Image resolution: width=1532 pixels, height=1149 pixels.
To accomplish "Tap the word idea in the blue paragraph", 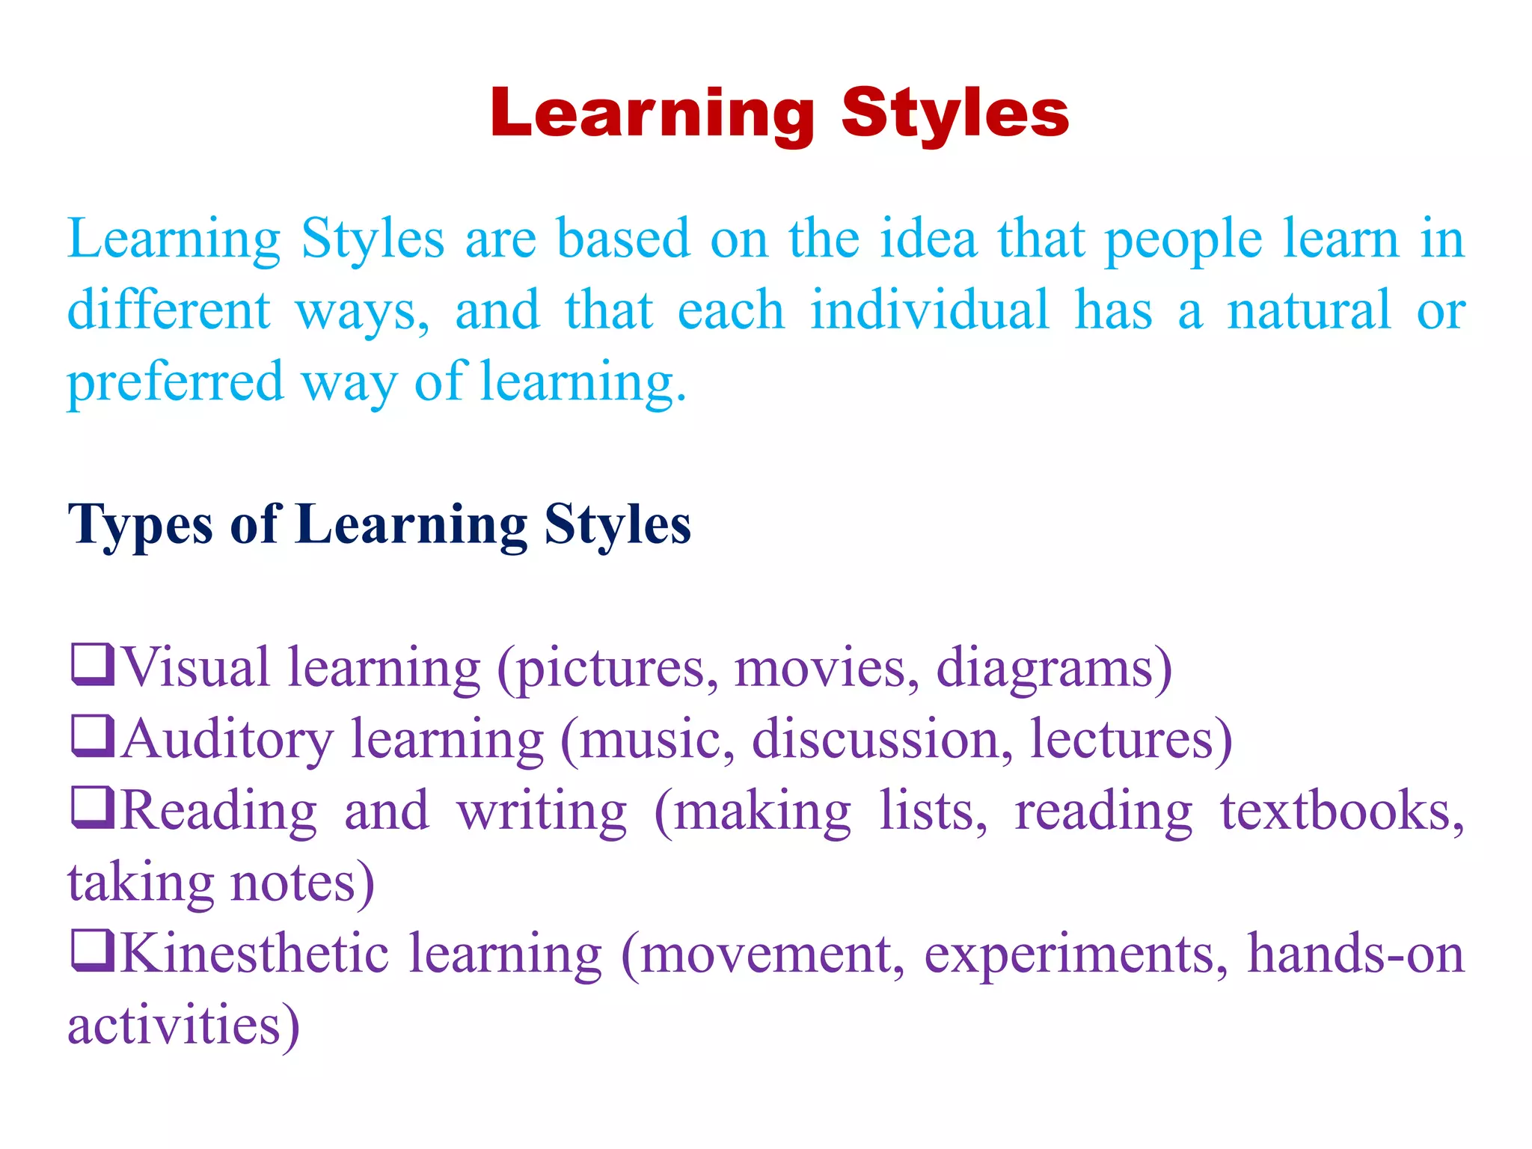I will pyautogui.click(x=928, y=239).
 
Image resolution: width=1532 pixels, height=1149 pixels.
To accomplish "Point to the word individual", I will pyautogui.click(x=930, y=309).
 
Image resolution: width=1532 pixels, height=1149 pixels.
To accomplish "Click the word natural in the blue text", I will pyautogui.click(x=1308, y=309).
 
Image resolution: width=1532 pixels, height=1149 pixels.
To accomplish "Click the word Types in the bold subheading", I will pyautogui.click(x=140, y=525).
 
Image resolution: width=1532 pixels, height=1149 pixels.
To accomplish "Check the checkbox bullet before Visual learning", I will pyautogui.click(x=93, y=664).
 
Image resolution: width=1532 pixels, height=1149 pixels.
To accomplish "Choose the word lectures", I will pyautogui.click(x=1122, y=738).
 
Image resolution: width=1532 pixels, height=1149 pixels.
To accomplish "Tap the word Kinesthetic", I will pyautogui.click(x=254, y=953).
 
